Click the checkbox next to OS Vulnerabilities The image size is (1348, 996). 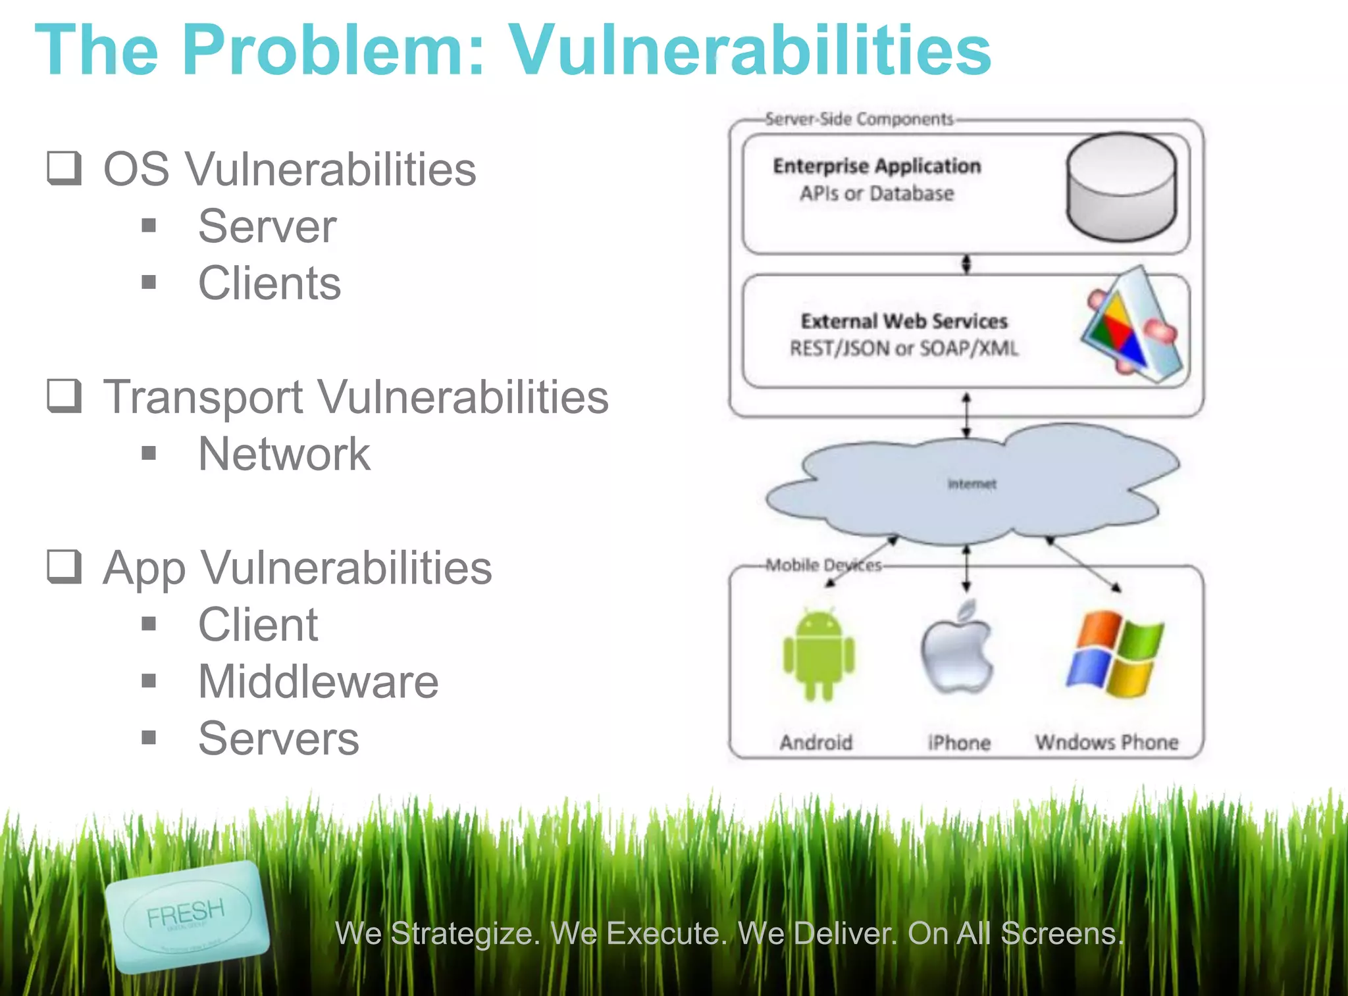coord(65,168)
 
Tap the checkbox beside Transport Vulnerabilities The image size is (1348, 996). coord(65,396)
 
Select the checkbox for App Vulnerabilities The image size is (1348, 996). coord(65,566)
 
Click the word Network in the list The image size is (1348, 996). coord(284,454)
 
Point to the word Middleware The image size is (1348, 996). coord(319,682)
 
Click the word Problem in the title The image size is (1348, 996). coord(333,50)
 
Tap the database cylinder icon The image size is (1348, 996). coord(1122,187)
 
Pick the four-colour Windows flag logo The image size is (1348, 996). coord(1114,654)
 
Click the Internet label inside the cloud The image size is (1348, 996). coord(972,484)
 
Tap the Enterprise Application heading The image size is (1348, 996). coord(877,166)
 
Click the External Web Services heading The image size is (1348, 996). coord(904,321)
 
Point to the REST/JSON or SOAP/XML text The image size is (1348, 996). coord(904,348)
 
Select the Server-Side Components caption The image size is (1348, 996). coord(859,119)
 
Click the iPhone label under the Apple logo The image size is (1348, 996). coord(959,743)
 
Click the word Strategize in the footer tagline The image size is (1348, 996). coord(465,934)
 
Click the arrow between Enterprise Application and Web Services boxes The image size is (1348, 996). coord(966,264)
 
